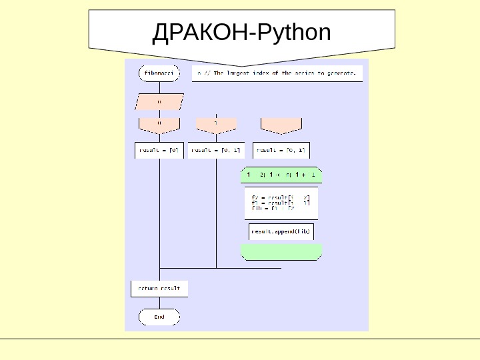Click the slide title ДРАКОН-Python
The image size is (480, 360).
pos(241,31)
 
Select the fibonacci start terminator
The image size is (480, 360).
pos(159,72)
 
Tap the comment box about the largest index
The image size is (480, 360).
pos(278,72)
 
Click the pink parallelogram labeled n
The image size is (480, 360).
pos(159,102)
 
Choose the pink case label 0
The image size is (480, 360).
pos(159,125)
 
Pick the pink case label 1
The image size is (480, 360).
pos(216,125)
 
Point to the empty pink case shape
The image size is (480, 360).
pos(281,125)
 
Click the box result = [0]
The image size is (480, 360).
pos(159,151)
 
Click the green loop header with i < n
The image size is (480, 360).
pos(281,175)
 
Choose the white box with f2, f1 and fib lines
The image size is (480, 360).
pos(281,203)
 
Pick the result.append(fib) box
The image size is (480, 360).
pos(281,231)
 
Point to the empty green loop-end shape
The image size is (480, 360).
pos(281,251)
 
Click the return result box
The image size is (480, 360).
pos(159,289)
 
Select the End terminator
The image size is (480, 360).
pos(159,317)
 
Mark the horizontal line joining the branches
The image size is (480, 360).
pos(220,268)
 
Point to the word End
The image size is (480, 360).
pos(159,317)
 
